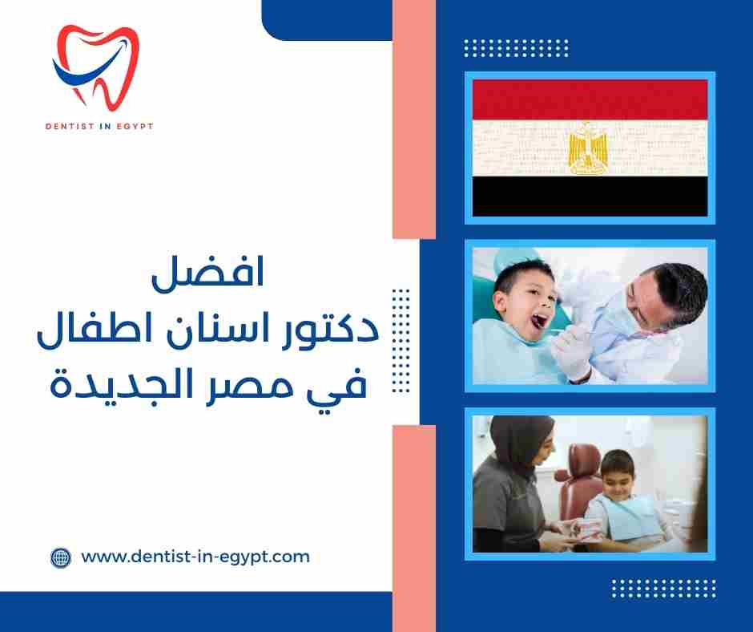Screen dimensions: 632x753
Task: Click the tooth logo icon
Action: click(95, 67)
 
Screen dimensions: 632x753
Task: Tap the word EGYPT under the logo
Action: click(135, 126)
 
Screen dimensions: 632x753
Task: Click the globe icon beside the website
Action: click(61, 557)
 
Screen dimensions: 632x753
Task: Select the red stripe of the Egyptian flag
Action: click(590, 99)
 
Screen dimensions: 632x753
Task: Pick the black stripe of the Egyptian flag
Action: click(590, 196)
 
